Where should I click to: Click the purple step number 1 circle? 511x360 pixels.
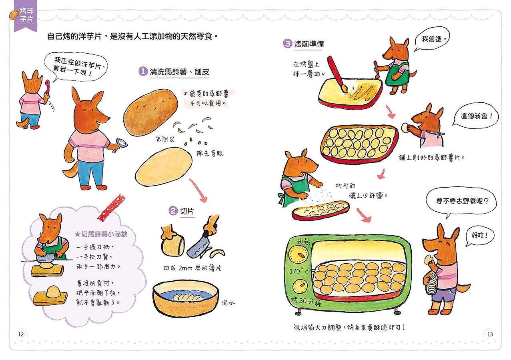(143, 72)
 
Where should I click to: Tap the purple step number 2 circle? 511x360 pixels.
(173, 210)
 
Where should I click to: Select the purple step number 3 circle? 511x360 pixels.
(288, 44)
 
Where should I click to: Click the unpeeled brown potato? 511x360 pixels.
(151, 112)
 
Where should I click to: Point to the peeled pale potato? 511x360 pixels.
(164, 166)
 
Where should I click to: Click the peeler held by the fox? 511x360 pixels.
(120, 145)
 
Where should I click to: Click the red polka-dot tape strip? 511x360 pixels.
(112, 207)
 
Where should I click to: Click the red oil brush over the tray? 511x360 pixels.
(337, 74)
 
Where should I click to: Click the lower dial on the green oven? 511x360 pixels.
(301, 287)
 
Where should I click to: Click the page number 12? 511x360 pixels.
(21, 334)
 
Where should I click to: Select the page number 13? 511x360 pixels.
(490, 334)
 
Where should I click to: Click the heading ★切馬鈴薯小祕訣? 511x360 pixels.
(101, 234)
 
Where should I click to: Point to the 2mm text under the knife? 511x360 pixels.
(185, 268)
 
